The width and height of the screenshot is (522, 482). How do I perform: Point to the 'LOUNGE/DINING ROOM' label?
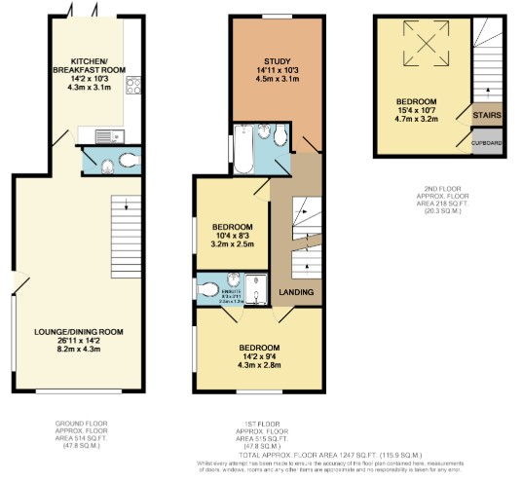point(81,332)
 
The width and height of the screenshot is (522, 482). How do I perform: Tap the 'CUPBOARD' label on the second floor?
point(487,143)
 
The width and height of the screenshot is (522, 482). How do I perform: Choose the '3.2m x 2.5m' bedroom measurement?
point(233,244)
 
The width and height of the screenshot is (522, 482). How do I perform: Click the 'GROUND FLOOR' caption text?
point(82,424)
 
